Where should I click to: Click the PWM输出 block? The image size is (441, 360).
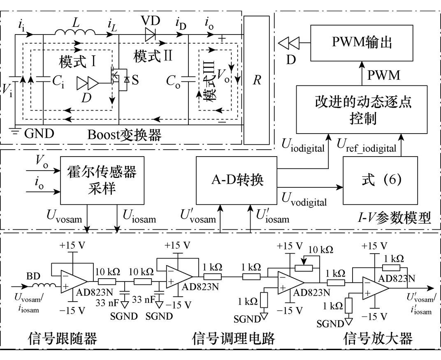pyautogui.click(x=362, y=43)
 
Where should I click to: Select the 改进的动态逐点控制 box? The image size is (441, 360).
pyautogui.click(x=362, y=109)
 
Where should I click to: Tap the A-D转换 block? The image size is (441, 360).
pyautogui.click(x=237, y=180)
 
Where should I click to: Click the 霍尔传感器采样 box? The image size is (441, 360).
pyautogui.click(x=102, y=180)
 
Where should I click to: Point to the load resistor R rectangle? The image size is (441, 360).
pyautogui.click(x=257, y=80)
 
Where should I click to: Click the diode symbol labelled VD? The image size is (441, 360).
pyautogui.click(x=151, y=35)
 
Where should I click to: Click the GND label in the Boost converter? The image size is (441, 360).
pyautogui.click(x=39, y=134)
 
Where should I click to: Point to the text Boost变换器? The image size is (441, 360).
pyautogui.click(x=124, y=135)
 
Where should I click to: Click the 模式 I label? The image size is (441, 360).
pyautogui.click(x=78, y=62)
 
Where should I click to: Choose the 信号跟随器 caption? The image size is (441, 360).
pyautogui.click(x=63, y=338)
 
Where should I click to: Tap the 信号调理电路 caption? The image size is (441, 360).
pyautogui.click(x=233, y=338)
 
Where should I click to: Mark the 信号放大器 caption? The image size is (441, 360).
pyautogui.click(x=378, y=338)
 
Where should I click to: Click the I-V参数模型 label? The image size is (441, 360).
pyautogui.click(x=395, y=218)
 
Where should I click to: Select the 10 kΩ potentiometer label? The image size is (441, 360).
pyautogui.click(x=321, y=249)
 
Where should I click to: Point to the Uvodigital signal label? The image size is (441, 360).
pyautogui.click(x=304, y=200)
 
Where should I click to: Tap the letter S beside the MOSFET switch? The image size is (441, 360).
pyautogui.click(x=135, y=80)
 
